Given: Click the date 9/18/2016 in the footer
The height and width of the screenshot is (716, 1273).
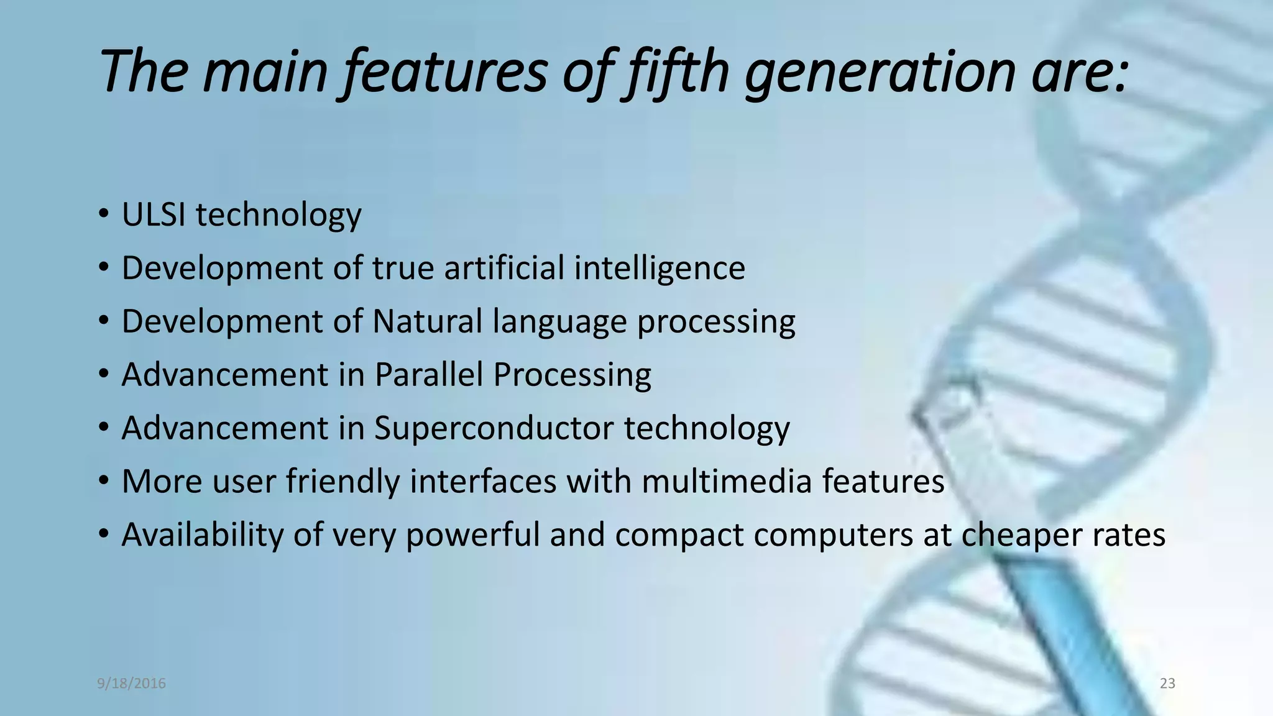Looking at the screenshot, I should pos(131,684).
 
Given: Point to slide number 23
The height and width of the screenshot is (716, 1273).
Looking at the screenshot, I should pos(1167,684).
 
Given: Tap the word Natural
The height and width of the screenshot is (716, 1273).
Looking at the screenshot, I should pos(427,322).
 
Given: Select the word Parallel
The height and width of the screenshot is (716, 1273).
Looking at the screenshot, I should pos(428,375).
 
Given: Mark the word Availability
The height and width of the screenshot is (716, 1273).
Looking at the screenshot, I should pos(202,535).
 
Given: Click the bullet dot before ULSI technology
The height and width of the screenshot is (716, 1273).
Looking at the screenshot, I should pos(103,215).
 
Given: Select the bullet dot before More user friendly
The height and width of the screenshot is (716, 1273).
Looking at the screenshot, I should pos(103,482).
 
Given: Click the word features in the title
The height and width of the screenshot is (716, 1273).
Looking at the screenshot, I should pos(445,71).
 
